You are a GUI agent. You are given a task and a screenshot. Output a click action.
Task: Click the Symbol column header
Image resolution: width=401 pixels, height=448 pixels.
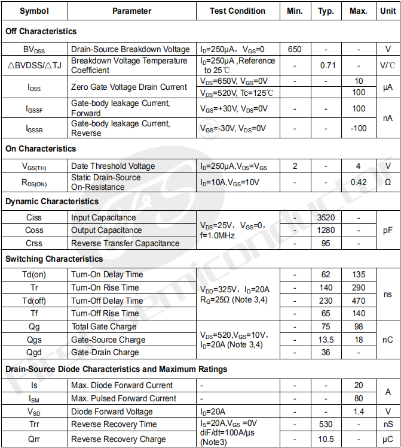pos(34,11)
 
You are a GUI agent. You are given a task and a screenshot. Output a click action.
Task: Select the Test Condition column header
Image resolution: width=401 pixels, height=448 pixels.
pos(237,11)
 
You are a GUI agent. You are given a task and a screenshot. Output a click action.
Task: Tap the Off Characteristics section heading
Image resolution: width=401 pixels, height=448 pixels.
pos(41,31)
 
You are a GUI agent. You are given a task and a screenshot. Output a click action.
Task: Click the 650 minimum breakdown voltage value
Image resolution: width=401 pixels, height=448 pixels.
pos(295,49)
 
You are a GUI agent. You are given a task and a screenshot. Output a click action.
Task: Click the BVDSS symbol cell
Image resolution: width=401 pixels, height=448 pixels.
pos(34,49)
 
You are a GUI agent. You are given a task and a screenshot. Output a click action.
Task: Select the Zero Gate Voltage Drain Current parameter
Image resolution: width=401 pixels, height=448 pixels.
pos(129,87)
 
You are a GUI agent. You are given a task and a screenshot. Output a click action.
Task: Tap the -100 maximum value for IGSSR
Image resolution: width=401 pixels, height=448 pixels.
pos(359,128)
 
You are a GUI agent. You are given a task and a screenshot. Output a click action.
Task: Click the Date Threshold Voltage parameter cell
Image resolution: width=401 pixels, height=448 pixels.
pos(113,166)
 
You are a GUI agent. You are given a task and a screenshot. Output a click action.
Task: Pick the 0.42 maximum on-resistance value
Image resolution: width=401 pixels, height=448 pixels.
pos(359,182)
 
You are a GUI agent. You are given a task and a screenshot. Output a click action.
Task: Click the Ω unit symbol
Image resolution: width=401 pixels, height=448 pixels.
pos(388,182)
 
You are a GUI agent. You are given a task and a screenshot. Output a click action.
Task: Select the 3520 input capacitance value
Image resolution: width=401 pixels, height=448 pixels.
pos(326,217)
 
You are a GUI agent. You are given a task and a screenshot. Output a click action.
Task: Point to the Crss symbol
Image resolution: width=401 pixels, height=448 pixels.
pos(34,243)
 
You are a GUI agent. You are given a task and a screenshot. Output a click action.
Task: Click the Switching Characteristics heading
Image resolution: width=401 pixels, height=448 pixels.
pos(54,259)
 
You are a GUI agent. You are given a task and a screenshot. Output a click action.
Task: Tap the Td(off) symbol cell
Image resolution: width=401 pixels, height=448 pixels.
pos(34,301)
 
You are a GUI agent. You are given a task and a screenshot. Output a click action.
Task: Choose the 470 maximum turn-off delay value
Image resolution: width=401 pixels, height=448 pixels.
pos(359,301)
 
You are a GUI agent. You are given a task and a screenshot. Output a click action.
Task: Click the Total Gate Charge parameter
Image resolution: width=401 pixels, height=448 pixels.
pos(104,326)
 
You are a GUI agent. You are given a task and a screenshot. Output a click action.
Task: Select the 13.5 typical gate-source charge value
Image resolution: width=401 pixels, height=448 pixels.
pos(326,340)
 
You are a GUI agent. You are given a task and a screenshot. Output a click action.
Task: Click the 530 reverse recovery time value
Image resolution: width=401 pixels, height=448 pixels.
pos(326,424)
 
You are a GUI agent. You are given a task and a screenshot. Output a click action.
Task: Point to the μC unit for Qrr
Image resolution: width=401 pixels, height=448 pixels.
pos(388,439)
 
